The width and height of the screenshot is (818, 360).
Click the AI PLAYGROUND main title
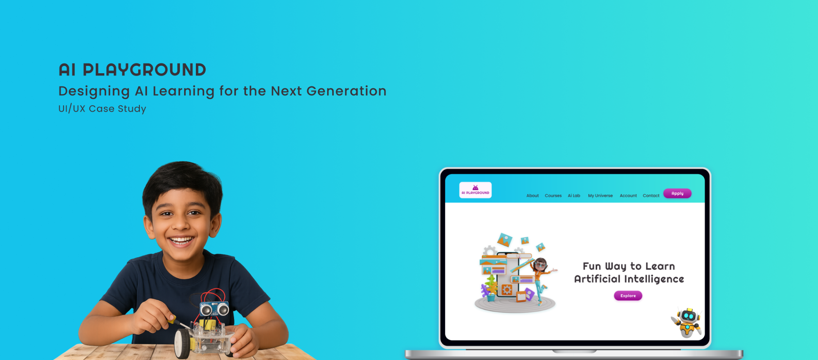[x=132, y=70]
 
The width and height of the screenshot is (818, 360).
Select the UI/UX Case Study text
[x=102, y=108]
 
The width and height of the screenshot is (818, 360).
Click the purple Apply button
[x=677, y=193]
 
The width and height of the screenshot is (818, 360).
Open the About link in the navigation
[x=533, y=196]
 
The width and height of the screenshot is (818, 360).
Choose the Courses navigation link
[x=553, y=196]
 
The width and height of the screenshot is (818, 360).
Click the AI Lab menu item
[x=574, y=196]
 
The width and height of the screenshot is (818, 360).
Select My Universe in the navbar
[x=600, y=196]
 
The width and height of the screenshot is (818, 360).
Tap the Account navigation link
[x=628, y=196]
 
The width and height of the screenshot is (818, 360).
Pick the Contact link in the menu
[x=651, y=196]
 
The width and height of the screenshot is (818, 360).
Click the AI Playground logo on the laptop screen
[x=475, y=190]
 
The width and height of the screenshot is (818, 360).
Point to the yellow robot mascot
[x=687, y=322]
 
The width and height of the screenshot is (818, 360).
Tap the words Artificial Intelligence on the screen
[x=629, y=279]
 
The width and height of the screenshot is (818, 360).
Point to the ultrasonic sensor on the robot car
[x=214, y=309]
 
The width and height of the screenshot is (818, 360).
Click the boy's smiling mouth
[x=181, y=240]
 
